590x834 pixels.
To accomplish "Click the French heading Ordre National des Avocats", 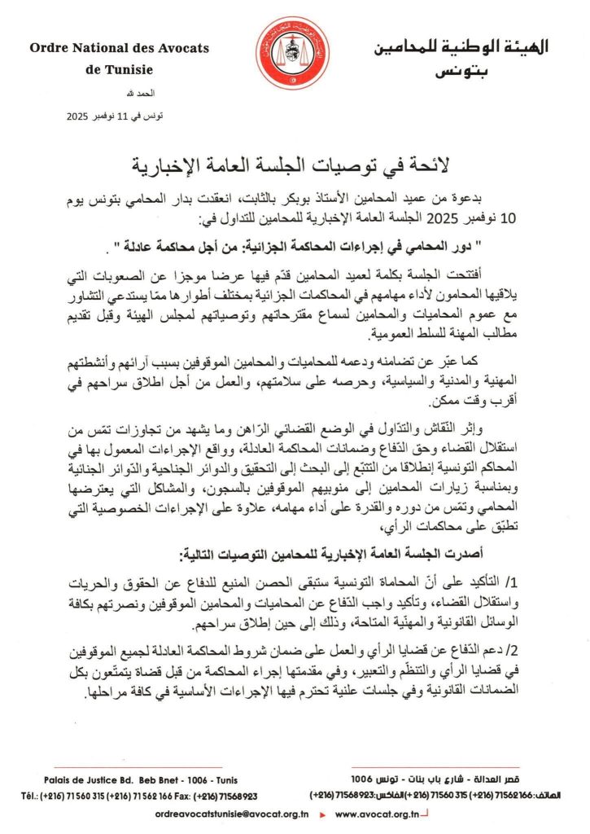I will pyautogui.click(x=119, y=48).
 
